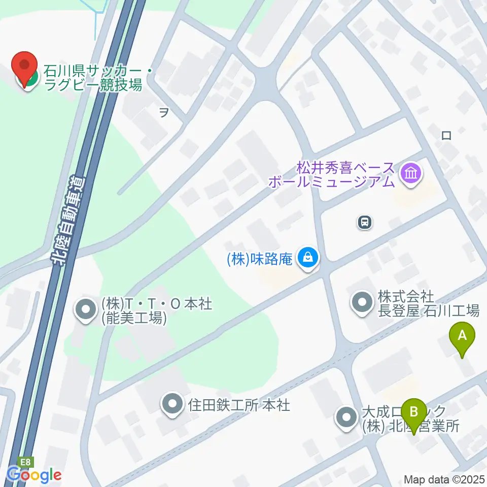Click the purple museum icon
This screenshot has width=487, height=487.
(x=410, y=173)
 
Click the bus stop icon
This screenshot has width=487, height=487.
(x=365, y=222)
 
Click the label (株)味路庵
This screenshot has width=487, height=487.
(x=260, y=259)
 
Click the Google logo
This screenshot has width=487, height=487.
(x=34, y=475)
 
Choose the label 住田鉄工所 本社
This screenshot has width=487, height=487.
(x=239, y=405)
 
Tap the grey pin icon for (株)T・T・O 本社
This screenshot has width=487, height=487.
(x=85, y=310)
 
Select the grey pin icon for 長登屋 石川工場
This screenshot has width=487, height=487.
(x=362, y=303)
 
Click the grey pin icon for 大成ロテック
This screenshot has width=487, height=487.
(x=347, y=418)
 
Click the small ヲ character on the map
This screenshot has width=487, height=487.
(x=164, y=113)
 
